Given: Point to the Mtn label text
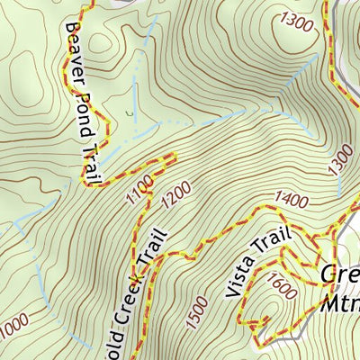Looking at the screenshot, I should click(x=339, y=301).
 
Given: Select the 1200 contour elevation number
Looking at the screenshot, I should click(x=176, y=192).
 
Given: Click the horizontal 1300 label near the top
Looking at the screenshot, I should click(x=296, y=19).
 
